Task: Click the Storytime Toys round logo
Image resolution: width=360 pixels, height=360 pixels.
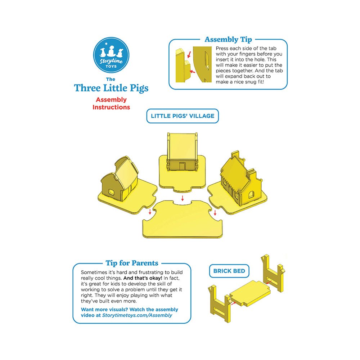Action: [x=111, y=55]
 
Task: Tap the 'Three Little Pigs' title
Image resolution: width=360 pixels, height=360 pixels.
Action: [x=111, y=88]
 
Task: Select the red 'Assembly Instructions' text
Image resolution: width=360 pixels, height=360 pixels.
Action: [x=111, y=103]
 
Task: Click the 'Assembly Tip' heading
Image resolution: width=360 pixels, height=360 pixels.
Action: [x=228, y=40]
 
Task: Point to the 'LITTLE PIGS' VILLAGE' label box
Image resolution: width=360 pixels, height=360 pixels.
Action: [x=183, y=116]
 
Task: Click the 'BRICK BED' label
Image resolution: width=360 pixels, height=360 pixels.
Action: [x=229, y=271]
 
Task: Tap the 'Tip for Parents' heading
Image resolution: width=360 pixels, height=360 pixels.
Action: [x=132, y=263]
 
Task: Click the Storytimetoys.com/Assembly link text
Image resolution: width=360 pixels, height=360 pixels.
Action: [x=137, y=315]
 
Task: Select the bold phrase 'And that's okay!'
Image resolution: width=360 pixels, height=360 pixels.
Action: [x=143, y=278]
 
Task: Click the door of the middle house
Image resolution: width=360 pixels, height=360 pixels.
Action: [x=182, y=166]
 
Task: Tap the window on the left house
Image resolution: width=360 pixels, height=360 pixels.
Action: [x=111, y=192]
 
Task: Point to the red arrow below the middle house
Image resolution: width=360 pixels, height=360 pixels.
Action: [x=183, y=198]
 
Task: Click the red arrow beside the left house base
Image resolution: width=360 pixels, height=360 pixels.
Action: [x=150, y=211]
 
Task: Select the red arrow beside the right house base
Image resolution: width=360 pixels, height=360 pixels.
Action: [x=215, y=213]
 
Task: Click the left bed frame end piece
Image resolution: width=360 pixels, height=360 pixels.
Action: [x=220, y=303]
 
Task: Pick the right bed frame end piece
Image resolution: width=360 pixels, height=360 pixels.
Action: [x=273, y=273]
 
